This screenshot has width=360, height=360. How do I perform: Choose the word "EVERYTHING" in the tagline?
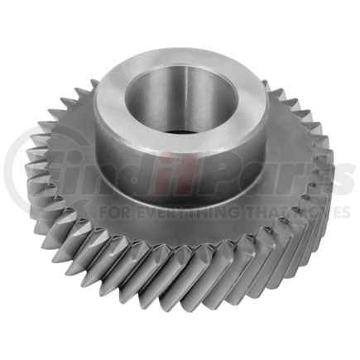[178, 212]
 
